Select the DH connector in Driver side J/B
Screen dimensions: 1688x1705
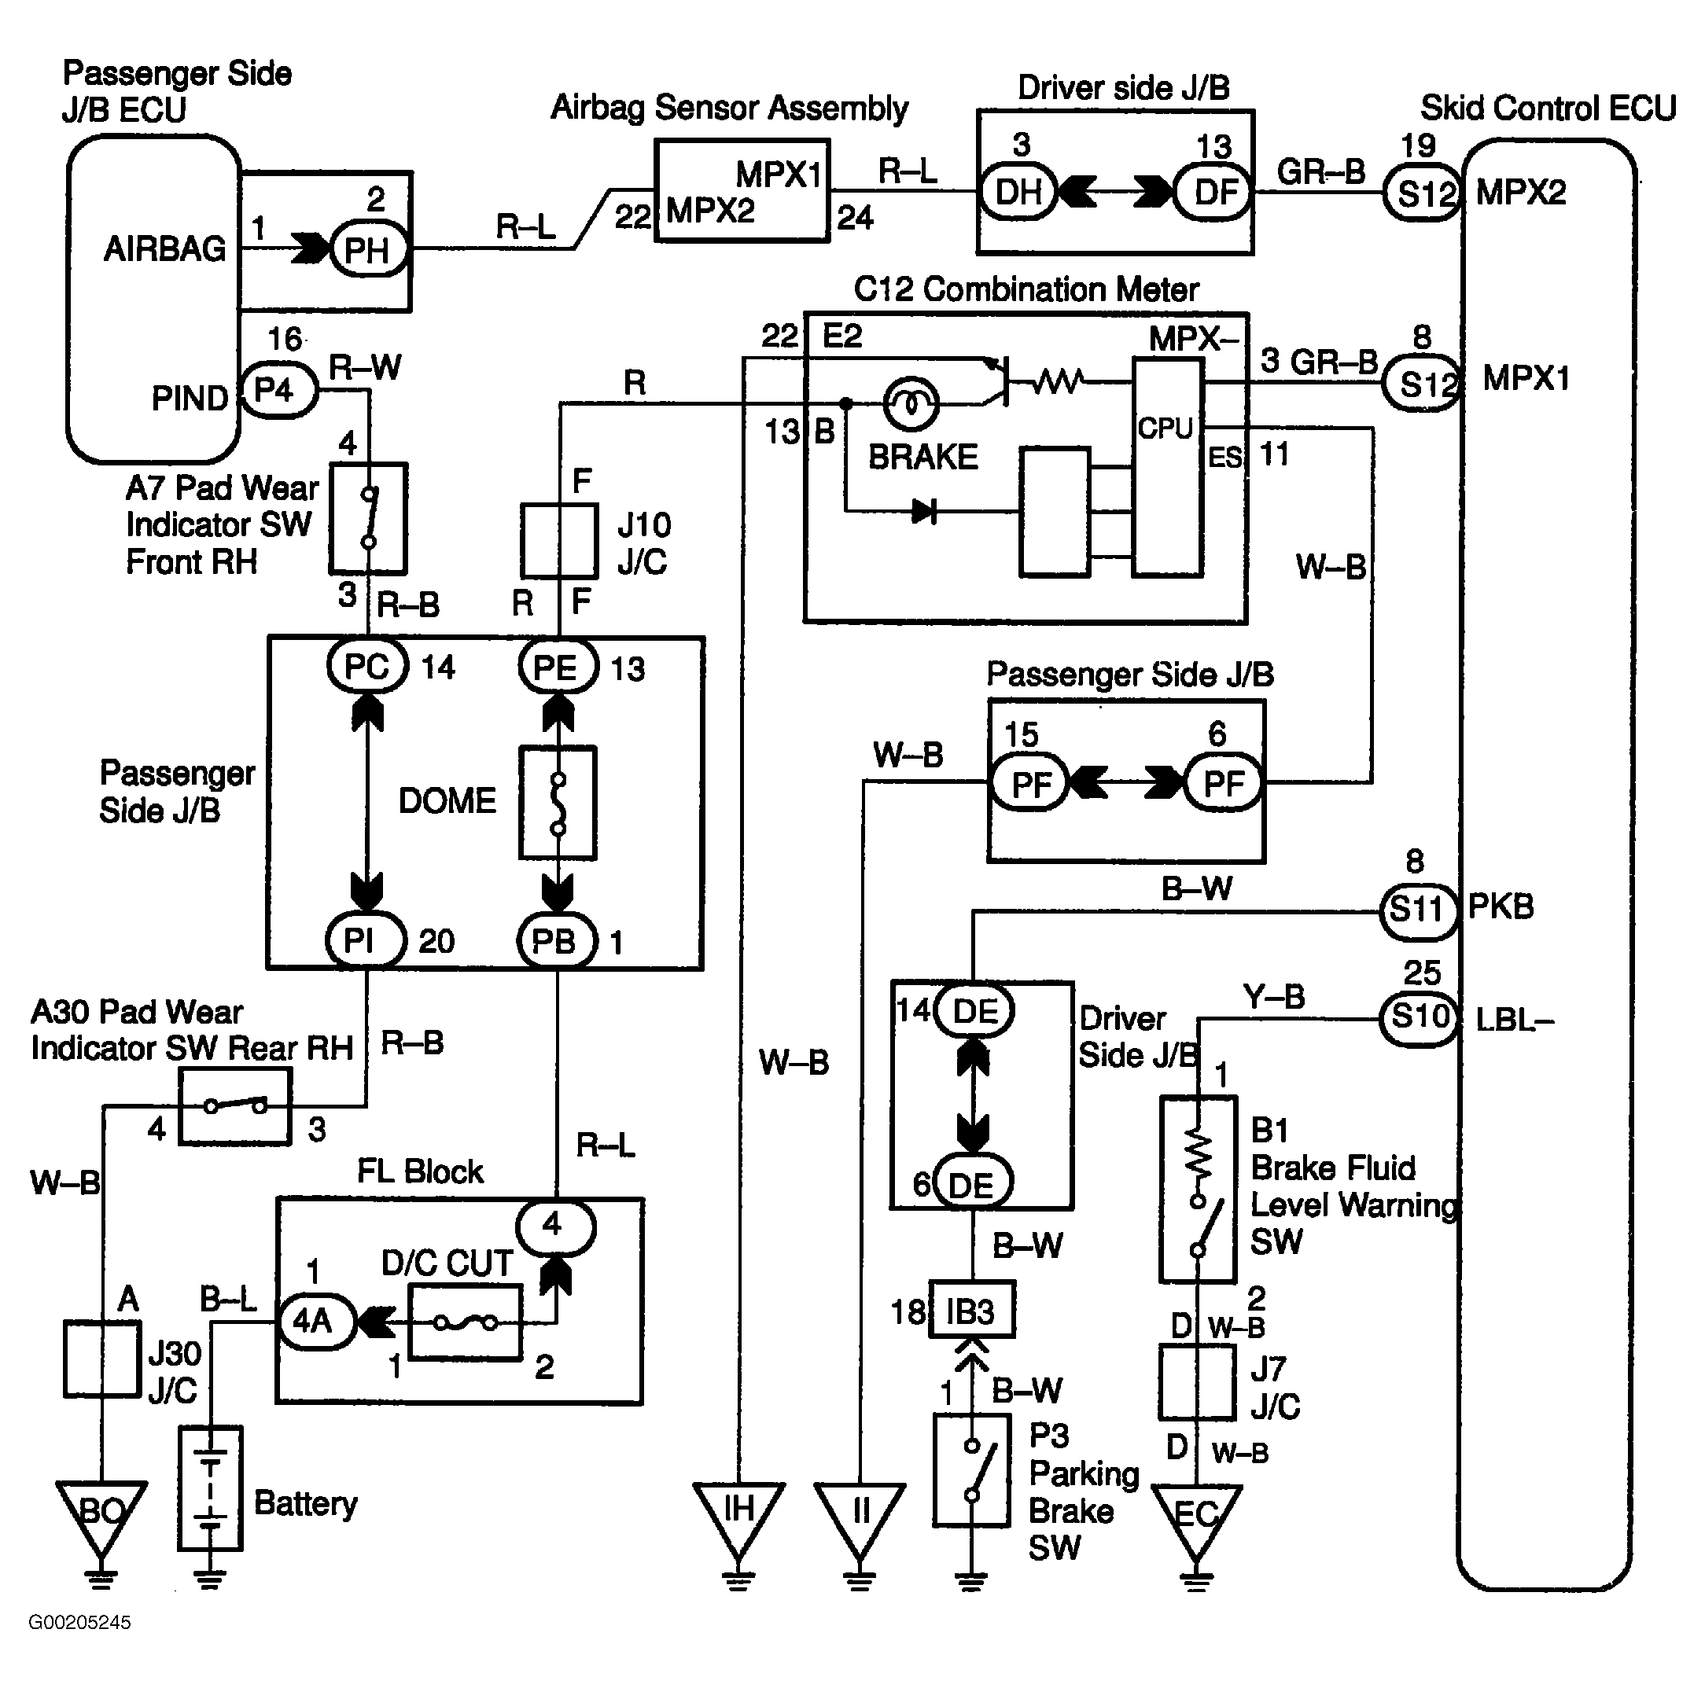1019,192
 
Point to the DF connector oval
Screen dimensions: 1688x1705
1214,192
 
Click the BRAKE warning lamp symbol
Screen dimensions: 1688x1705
911,404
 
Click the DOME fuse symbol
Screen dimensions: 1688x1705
558,803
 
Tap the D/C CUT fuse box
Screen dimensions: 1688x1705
466,1322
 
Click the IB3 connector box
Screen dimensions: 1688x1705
971,1312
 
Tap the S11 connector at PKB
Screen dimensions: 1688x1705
1417,910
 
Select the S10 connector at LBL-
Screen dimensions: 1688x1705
1418,1019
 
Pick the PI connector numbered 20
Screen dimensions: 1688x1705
364,940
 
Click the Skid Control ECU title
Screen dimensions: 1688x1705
1548,108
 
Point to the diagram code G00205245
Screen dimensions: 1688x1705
80,1623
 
